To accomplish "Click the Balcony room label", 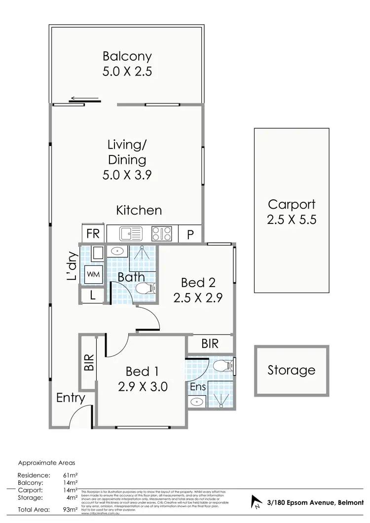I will pos(127,56).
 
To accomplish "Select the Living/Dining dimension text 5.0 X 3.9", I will pos(127,174).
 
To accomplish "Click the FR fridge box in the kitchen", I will pos(93,234).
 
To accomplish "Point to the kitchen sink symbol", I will pos(131,233).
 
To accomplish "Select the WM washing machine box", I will pos(93,273).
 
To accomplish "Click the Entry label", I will pos(71,398).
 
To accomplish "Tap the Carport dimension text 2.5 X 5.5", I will pos(291,219).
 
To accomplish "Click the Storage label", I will pos(291,370).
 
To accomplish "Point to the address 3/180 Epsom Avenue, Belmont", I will pos(314,502).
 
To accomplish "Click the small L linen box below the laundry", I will pos(93,296).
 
